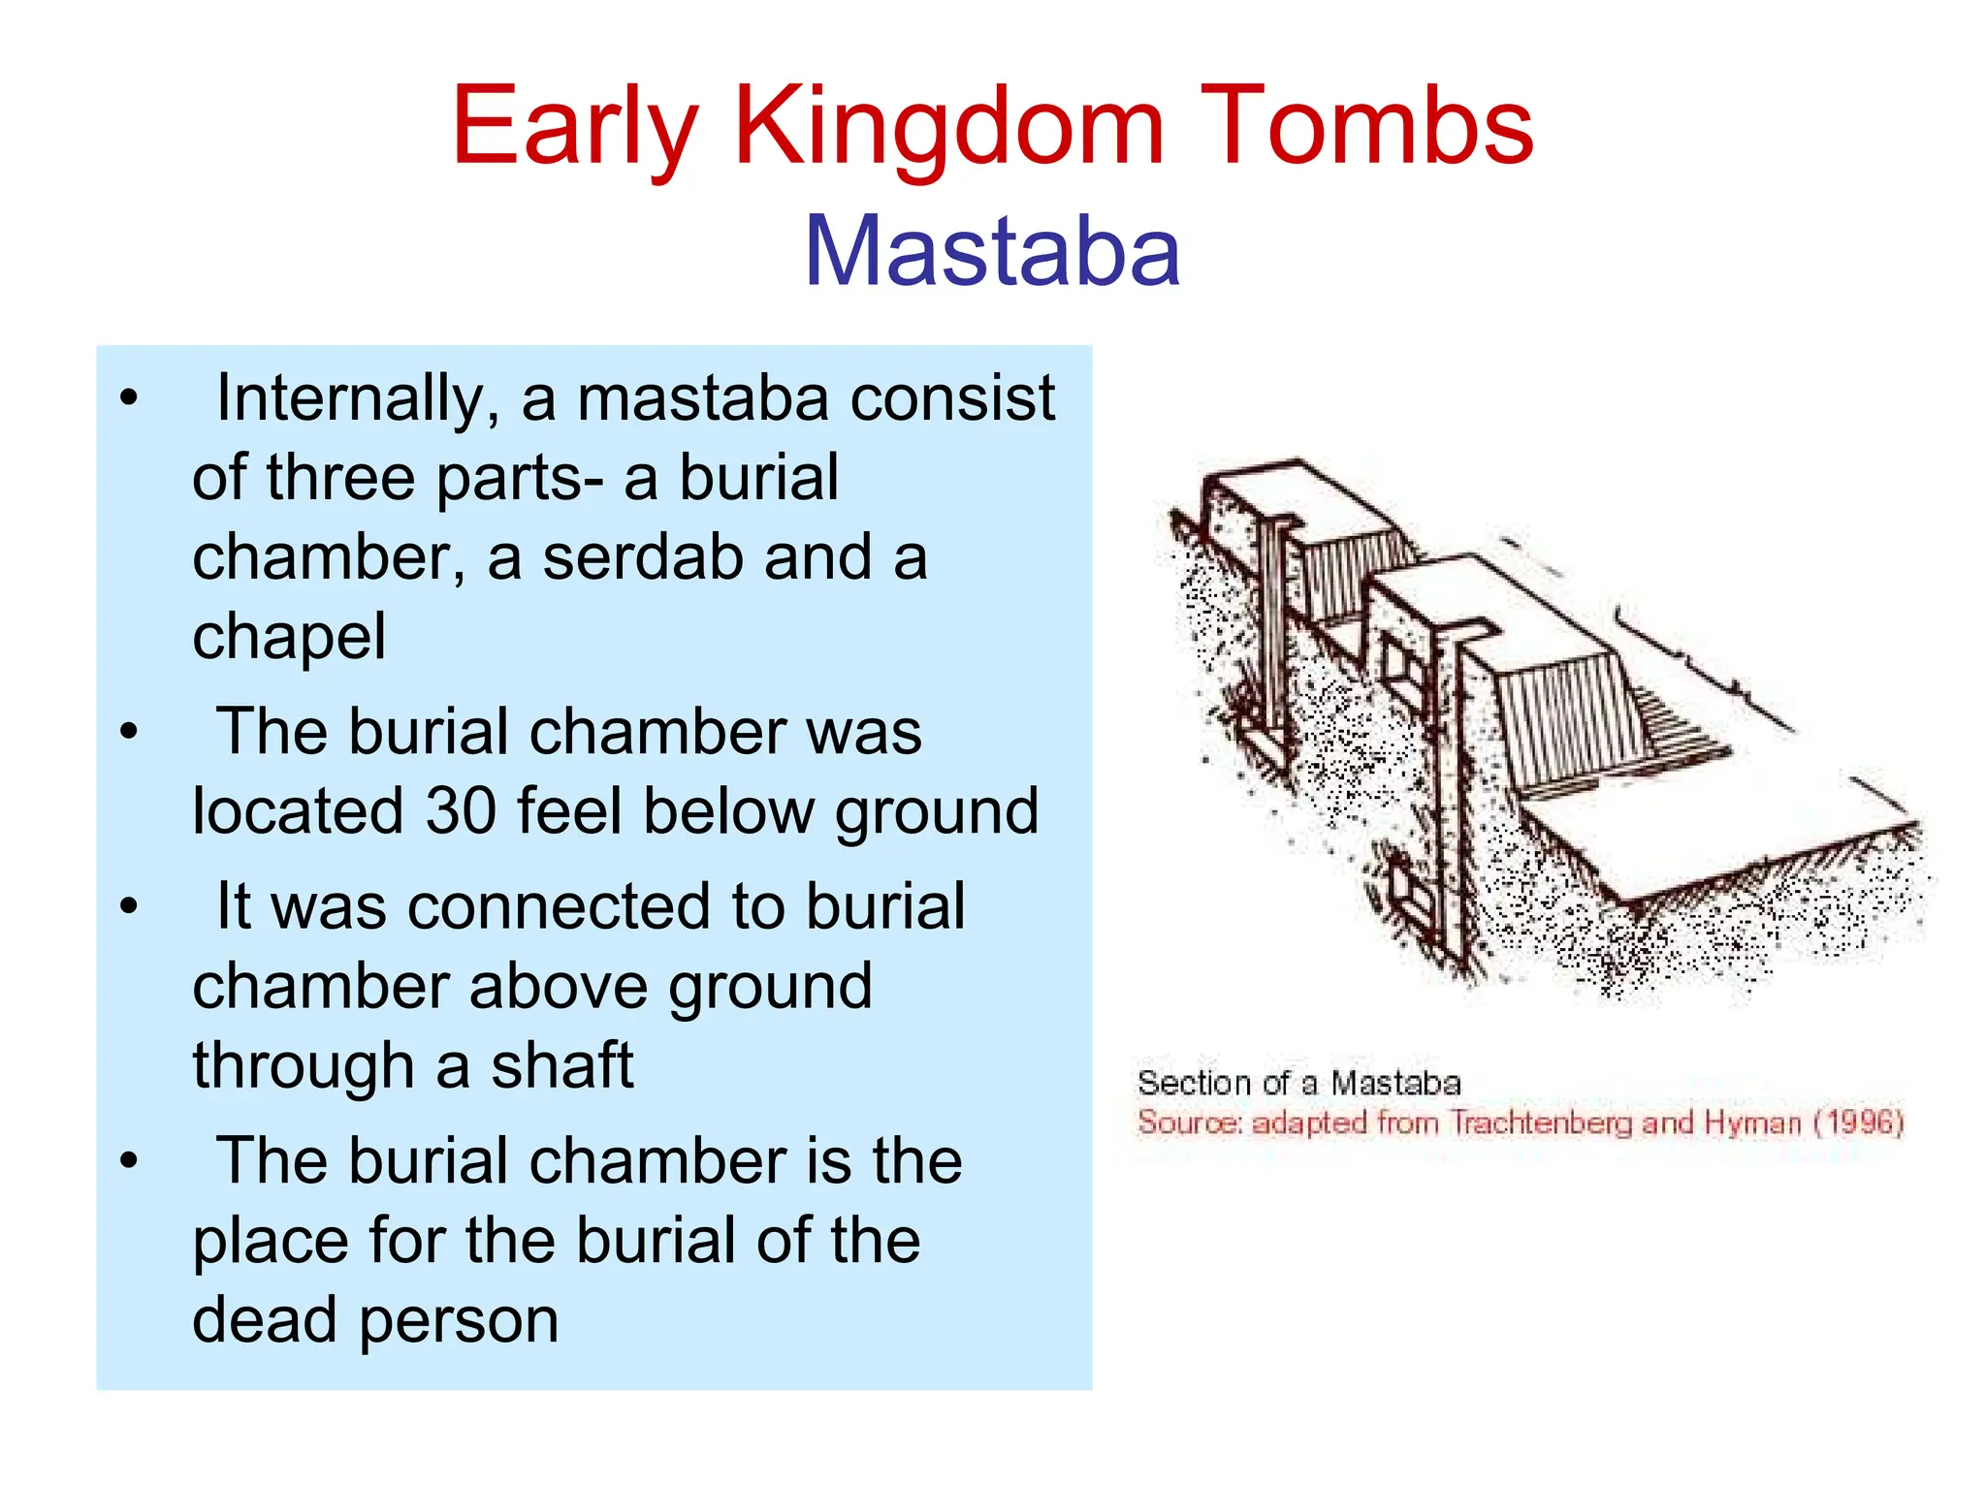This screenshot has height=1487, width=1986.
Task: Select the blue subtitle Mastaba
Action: point(992,251)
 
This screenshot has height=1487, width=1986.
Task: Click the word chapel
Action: point(289,638)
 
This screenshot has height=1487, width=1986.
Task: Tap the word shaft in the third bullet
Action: point(561,1065)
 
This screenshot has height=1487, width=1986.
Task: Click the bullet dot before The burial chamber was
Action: point(129,732)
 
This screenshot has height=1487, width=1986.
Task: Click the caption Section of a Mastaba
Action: point(1298,1083)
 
